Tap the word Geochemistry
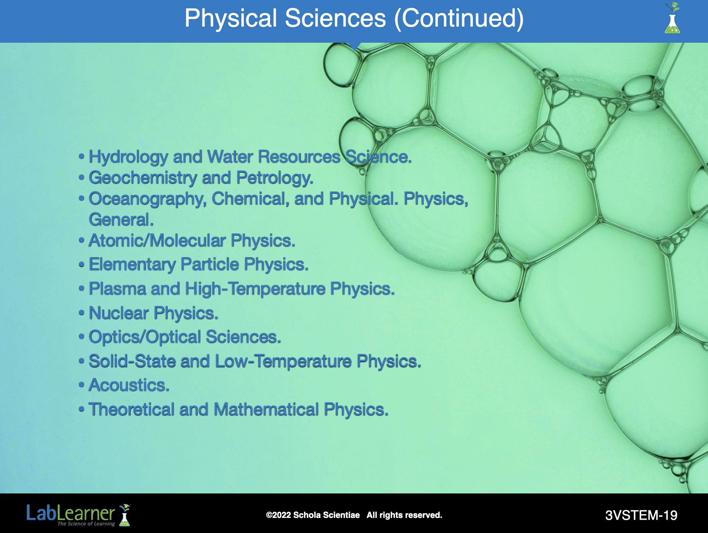[x=143, y=178]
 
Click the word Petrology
[x=275, y=178]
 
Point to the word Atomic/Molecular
[x=157, y=241]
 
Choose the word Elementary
[x=132, y=265]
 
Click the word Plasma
[x=118, y=289]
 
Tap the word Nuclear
[x=119, y=313]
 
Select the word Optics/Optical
[x=145, y=337]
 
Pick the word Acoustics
[x=129, y=385]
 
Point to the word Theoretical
[x=132, y=409]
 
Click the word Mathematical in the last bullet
[x=266, y=409]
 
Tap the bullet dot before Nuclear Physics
[x=82, y=312]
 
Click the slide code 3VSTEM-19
[x=641, y=515]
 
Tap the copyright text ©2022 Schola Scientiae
[x=313, y=515]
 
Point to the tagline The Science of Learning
[x=86, y=524]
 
